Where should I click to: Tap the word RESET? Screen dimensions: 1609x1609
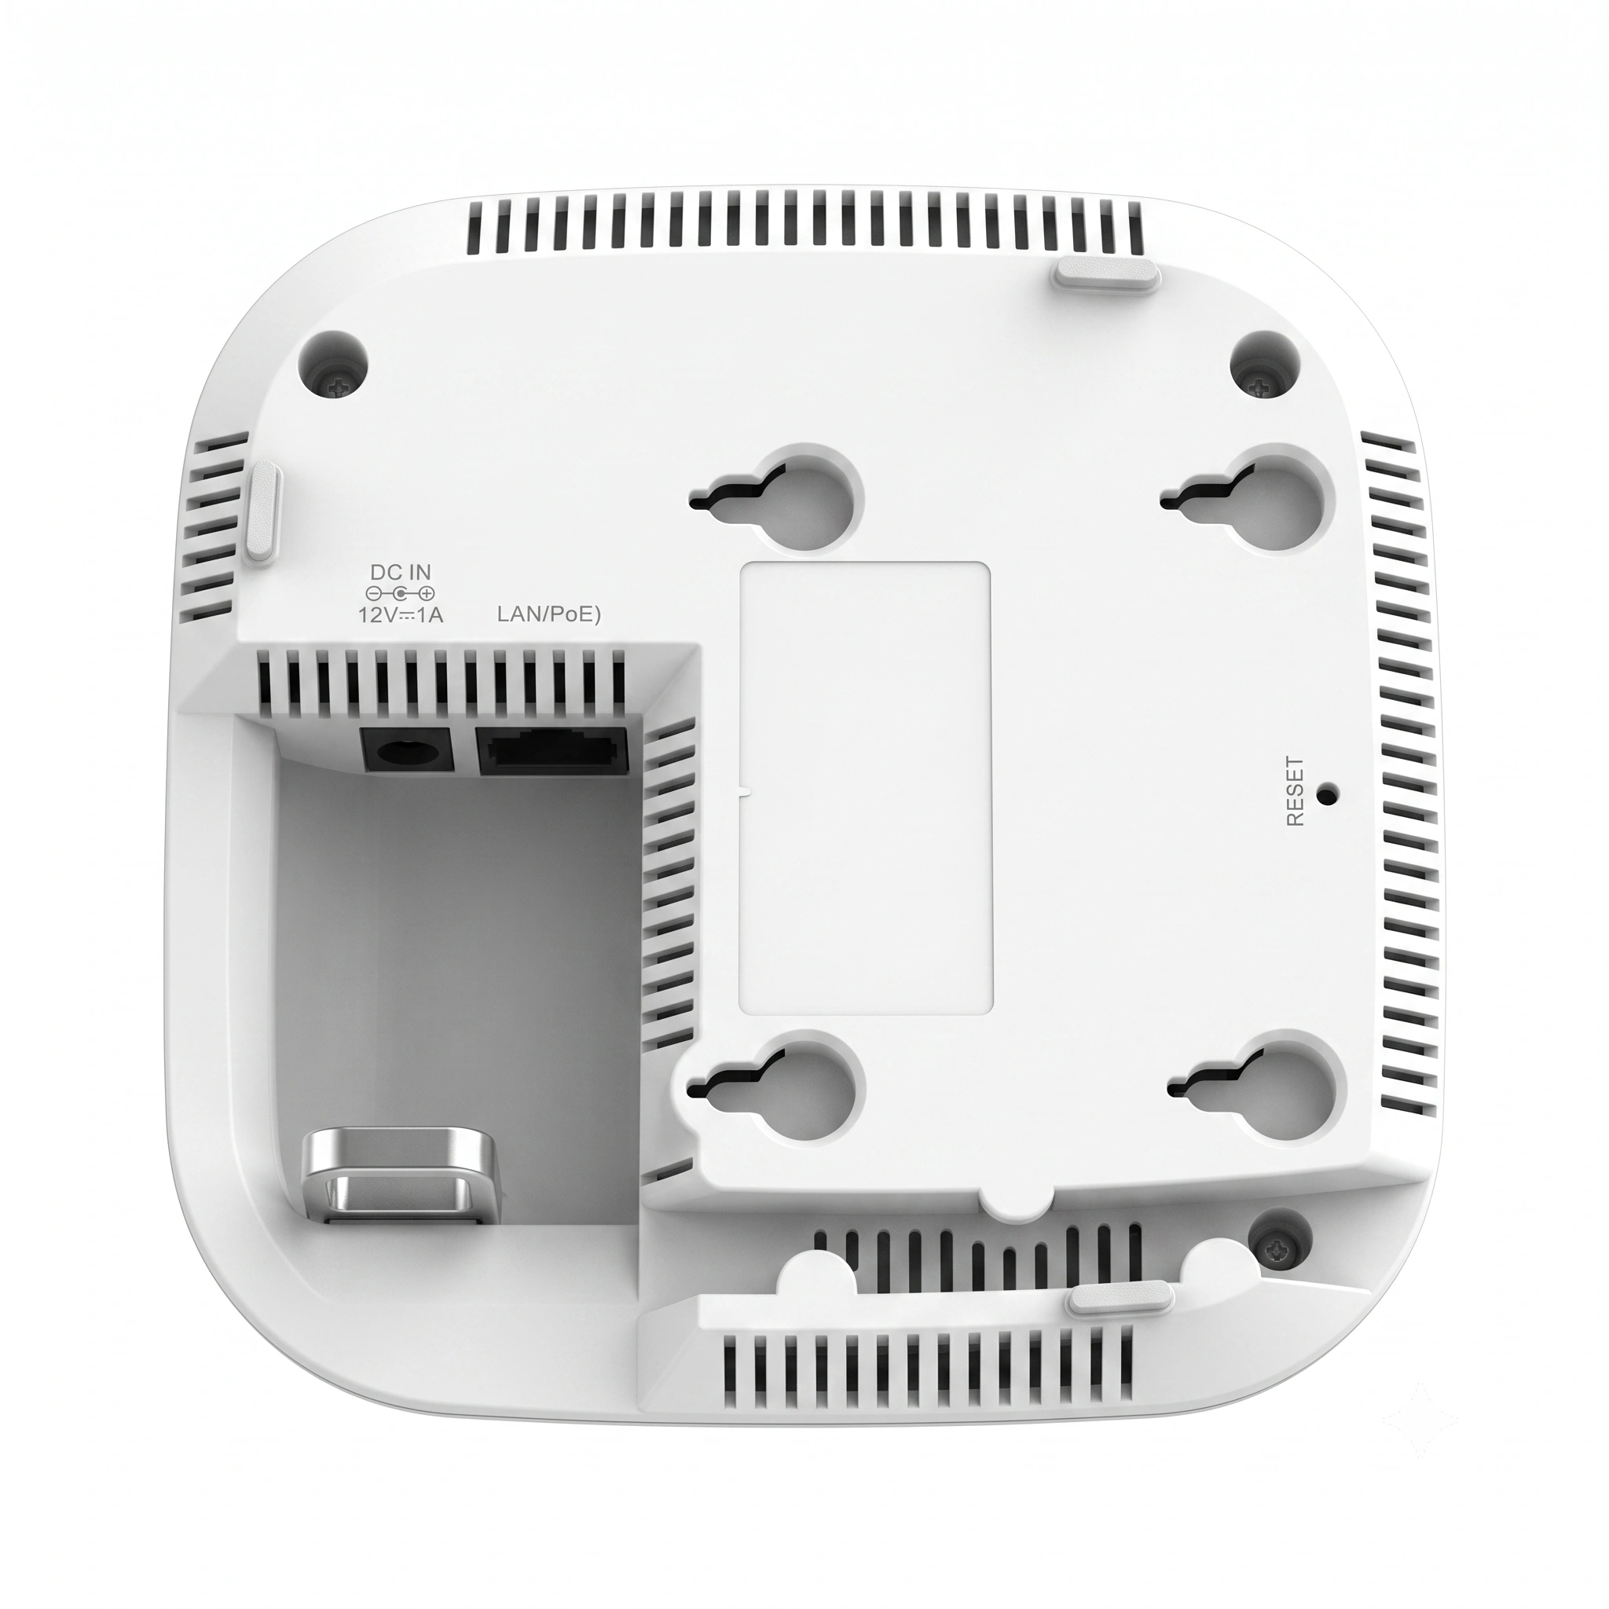pyautogui.click(x=1294, y=791)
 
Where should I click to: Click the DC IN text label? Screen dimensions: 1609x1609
pyautogui.click(x=401, y=573)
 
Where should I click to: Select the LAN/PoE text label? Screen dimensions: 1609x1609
pyautogui.click(x=549, y=615)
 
